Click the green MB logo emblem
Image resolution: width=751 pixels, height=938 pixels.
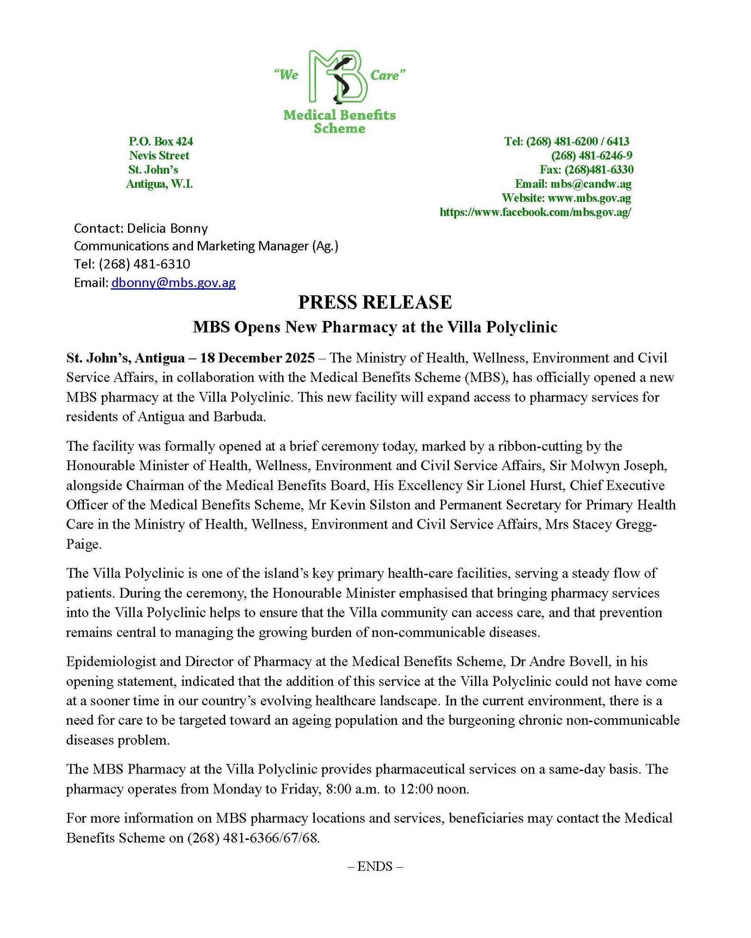tap(339, 77)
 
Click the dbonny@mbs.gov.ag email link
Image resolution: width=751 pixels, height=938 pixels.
tap(173, 283)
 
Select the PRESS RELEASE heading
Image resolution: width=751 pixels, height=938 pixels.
tap(375, 302)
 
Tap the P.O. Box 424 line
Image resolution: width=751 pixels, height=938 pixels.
tap(161, 141)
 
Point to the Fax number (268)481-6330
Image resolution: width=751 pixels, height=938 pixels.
tap(599, 170)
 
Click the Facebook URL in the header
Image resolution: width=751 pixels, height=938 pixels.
tap(535, 212)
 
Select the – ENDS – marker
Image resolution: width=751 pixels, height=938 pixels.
tap(375, 866)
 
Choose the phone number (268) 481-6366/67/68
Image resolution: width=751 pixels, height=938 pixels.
tap(254, 838)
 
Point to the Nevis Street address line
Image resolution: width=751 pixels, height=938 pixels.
tap(159, 155)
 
